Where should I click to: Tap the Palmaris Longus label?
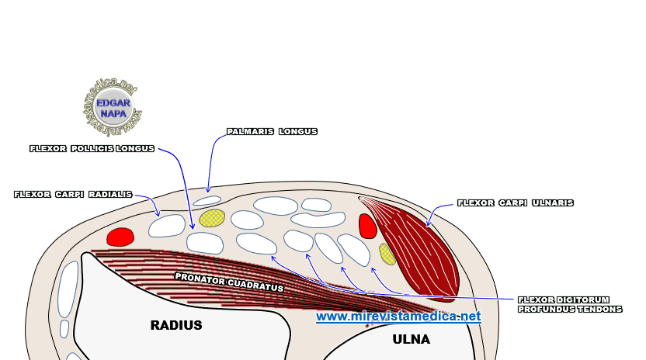[x=272, y=132]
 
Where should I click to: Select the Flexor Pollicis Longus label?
[x=92, y=147]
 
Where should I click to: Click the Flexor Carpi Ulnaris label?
[x=516, y=202]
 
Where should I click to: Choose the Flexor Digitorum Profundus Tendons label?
[x=570, y=304]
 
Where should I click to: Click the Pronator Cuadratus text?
[x=229, y=281]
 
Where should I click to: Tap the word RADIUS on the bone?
[x=175, y=326]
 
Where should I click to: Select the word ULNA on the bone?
[x=411, y=340]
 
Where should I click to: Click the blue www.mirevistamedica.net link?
[x=398, y=317]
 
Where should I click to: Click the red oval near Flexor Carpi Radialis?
[x=120, y=237]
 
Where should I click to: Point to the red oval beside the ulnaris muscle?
[x=367, y=226]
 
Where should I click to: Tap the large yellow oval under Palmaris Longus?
[x=212, y=218]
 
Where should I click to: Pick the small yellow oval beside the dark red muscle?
[x=387, y=254]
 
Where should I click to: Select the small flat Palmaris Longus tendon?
[x=207, y=200]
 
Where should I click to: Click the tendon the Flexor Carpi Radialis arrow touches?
[x=167, y=226]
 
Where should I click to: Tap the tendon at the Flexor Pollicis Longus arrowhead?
[x=205, y=243]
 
